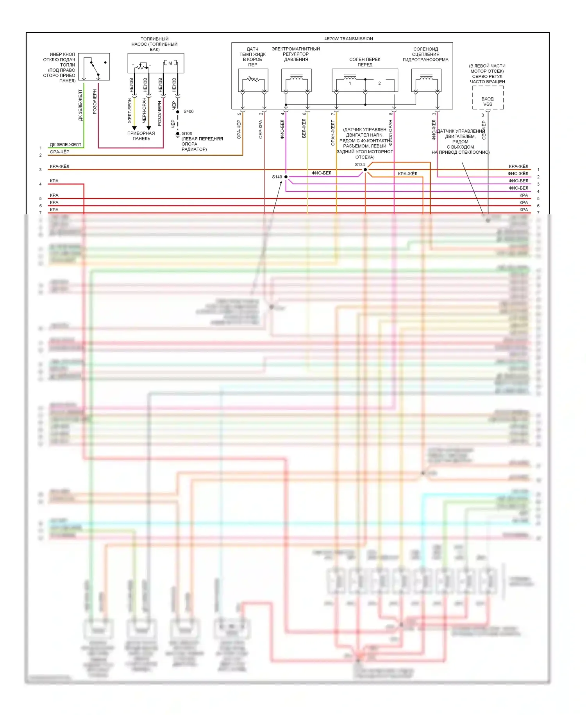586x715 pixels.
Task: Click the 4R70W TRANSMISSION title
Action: (348, 39)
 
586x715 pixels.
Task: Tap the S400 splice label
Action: (188, 111)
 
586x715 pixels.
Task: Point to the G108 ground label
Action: (187, 133)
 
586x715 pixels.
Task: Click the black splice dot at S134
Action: (365, 170)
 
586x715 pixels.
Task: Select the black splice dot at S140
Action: (286, 177)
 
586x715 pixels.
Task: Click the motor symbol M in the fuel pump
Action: (170, 63)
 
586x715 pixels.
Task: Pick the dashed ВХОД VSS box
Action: (488, 98)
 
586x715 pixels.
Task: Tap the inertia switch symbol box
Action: (94, 67)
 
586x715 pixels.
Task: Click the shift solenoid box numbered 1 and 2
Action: (365, 81)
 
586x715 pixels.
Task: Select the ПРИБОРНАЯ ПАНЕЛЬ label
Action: (141, 136)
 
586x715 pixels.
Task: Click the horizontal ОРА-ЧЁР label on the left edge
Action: (59, 152)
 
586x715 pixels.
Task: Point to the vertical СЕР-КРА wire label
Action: (261, 129)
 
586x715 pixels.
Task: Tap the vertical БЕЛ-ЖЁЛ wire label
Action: (304, 128)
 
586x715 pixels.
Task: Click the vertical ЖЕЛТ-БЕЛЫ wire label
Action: (130, 110)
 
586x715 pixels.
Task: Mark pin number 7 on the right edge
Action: (538, 213)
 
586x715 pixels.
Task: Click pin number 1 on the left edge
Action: (40, 148)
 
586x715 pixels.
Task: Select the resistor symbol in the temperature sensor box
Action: (253, 79)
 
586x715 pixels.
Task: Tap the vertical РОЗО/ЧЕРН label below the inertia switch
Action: (95, 102)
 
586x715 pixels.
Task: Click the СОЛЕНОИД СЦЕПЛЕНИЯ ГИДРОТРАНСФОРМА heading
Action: (425, 54)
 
